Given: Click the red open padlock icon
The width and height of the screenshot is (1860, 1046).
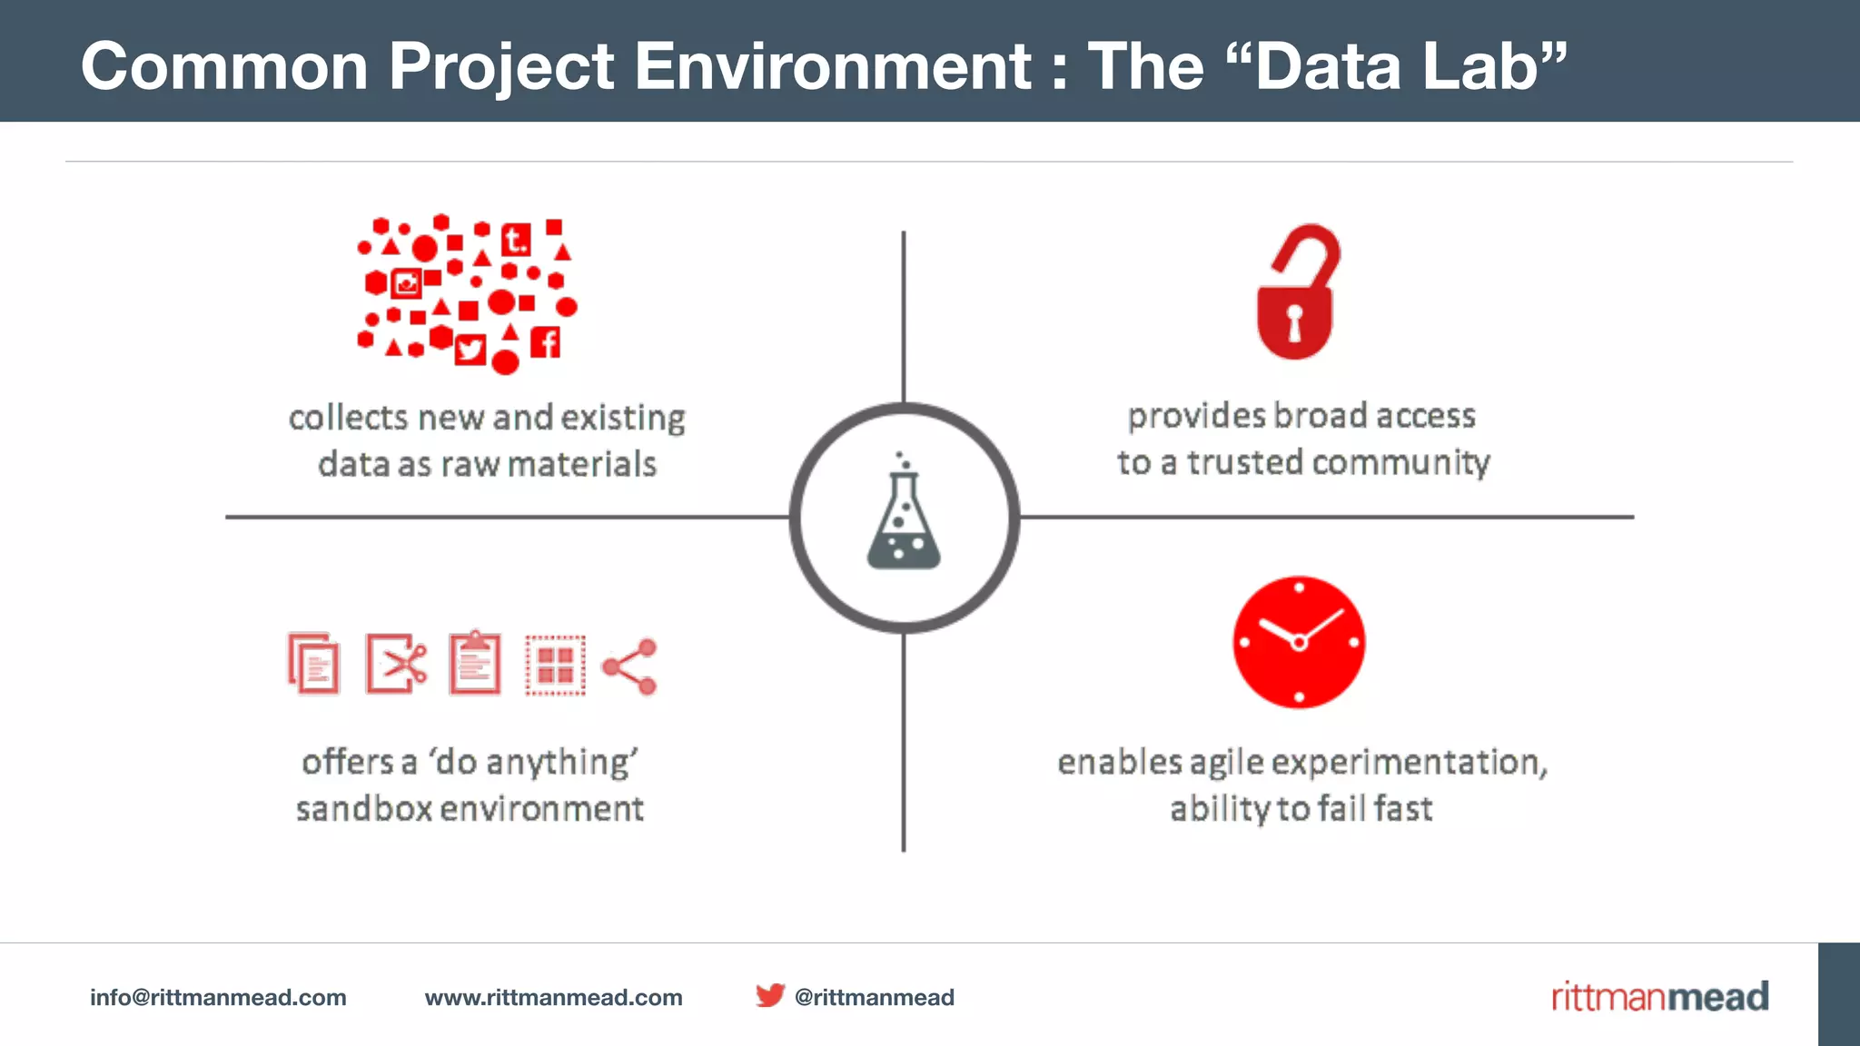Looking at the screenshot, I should tap(1297, 292).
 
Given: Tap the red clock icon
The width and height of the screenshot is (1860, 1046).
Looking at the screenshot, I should tap(1299, 642).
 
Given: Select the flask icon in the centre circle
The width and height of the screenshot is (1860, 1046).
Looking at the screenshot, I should tap(904, 518).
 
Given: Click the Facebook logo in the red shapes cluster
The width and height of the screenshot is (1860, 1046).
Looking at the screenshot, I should tap(546, 342).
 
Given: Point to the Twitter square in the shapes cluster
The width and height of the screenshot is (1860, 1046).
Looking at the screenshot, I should tap(470, 349).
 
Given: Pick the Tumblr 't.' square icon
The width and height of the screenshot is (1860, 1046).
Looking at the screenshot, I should tap(516, 240).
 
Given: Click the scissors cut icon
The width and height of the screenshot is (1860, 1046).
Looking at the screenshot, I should tap(396, 664).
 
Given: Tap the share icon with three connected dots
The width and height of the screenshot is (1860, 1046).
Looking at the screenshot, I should tap(630, 666).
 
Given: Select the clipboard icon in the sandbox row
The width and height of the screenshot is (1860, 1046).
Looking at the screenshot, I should tap(475, 664).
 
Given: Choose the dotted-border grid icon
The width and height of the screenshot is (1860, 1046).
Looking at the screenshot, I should tap(555, 666).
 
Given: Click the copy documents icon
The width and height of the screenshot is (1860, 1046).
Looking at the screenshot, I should tap(313, 664).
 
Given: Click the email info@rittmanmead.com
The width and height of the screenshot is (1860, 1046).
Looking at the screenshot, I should tap(218, 997).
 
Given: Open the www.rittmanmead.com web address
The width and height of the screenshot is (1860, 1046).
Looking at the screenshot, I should tap(553, 997).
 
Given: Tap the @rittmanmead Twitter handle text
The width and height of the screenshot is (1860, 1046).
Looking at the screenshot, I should tap(874, 997).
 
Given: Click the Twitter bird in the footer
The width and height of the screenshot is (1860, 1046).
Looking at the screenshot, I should tap(770, 995).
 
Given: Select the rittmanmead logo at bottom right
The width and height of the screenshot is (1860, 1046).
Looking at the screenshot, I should tap(1659, 996).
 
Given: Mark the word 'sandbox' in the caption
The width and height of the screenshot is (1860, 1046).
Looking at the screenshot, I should tap(363, 808).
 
